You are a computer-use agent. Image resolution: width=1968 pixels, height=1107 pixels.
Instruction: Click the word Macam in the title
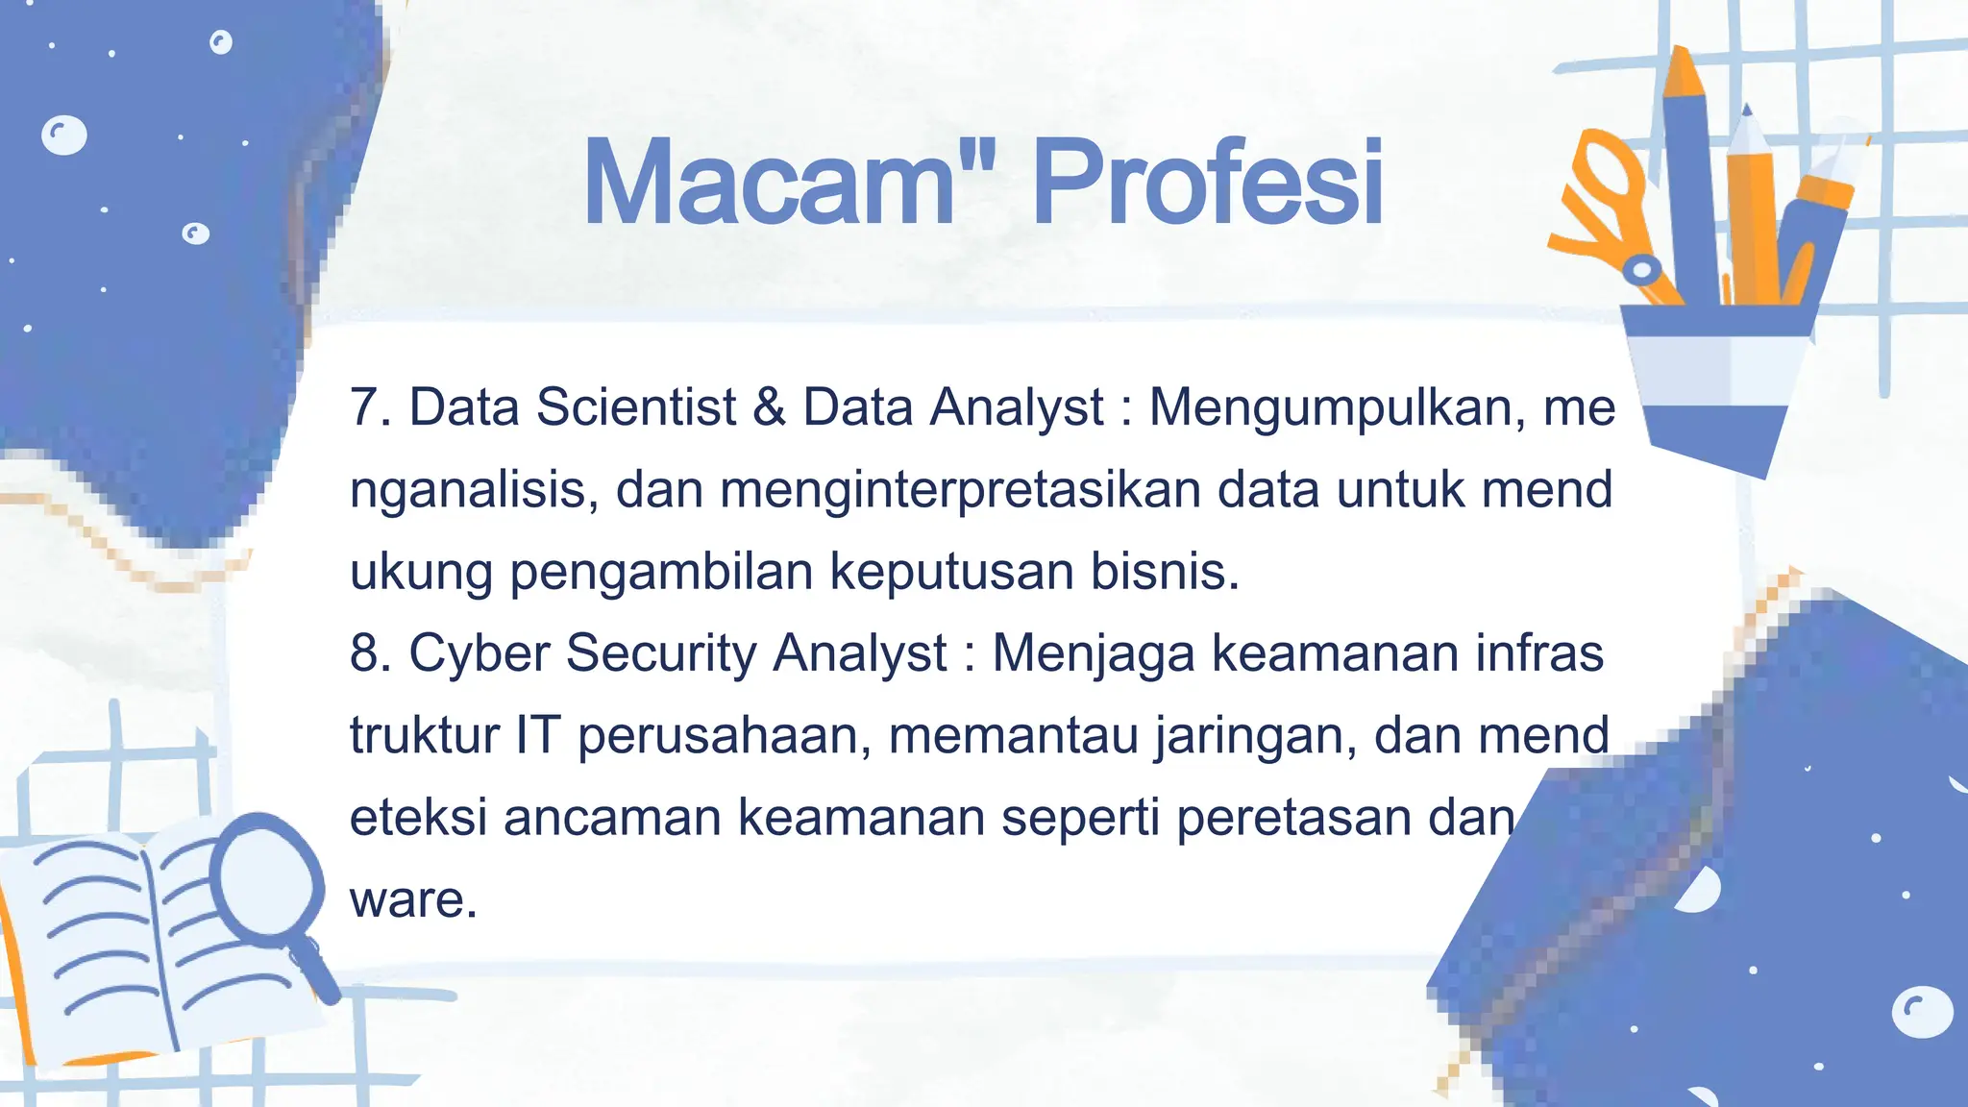[x=769, y=183]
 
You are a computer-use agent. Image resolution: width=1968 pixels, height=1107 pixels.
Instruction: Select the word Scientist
[x=635, y=407]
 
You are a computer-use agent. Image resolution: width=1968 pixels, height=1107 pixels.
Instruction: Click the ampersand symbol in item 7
[x=769, y=407]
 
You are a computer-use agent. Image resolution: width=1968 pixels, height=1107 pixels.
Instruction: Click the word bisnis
[x=1164, y=572]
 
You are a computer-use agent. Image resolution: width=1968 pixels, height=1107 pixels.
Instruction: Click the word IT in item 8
[x=537, y=736]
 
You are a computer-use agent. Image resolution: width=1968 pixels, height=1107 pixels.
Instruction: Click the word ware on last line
[x=412, y=900]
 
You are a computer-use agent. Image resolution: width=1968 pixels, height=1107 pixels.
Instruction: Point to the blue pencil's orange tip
[x=1683, y=72]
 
